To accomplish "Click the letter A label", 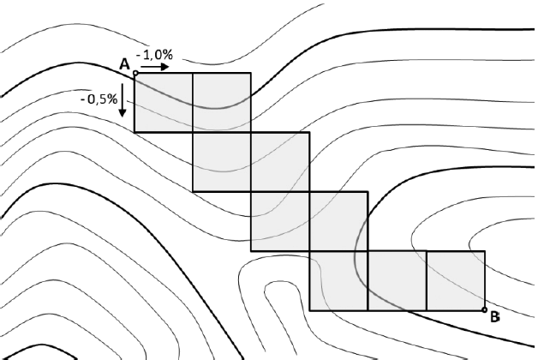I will coord(125,64).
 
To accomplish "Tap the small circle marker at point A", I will coord(135,74).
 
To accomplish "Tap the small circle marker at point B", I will coord(484,309).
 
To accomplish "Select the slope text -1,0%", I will coord(154,55).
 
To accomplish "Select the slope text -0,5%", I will coord(99,99).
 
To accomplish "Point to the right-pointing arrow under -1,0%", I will coord(156,66).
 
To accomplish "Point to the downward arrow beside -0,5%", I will coord(123,100).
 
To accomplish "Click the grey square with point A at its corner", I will coord(164,103).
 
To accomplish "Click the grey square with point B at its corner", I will coord(455,280).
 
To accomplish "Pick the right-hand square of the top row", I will coord(222,103).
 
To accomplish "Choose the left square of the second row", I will coord(222,162).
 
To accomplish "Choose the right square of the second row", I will coord(280,162).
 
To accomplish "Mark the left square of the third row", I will coord(280,221).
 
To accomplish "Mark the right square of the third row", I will coord(338,221).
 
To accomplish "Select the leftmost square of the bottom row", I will coord(338,280).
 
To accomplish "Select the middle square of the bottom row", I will coord(397,280).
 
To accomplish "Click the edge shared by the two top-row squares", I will coord(193,103).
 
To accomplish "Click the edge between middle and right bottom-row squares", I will coord(426,280).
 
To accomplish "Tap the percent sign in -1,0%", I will coord(168,55).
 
